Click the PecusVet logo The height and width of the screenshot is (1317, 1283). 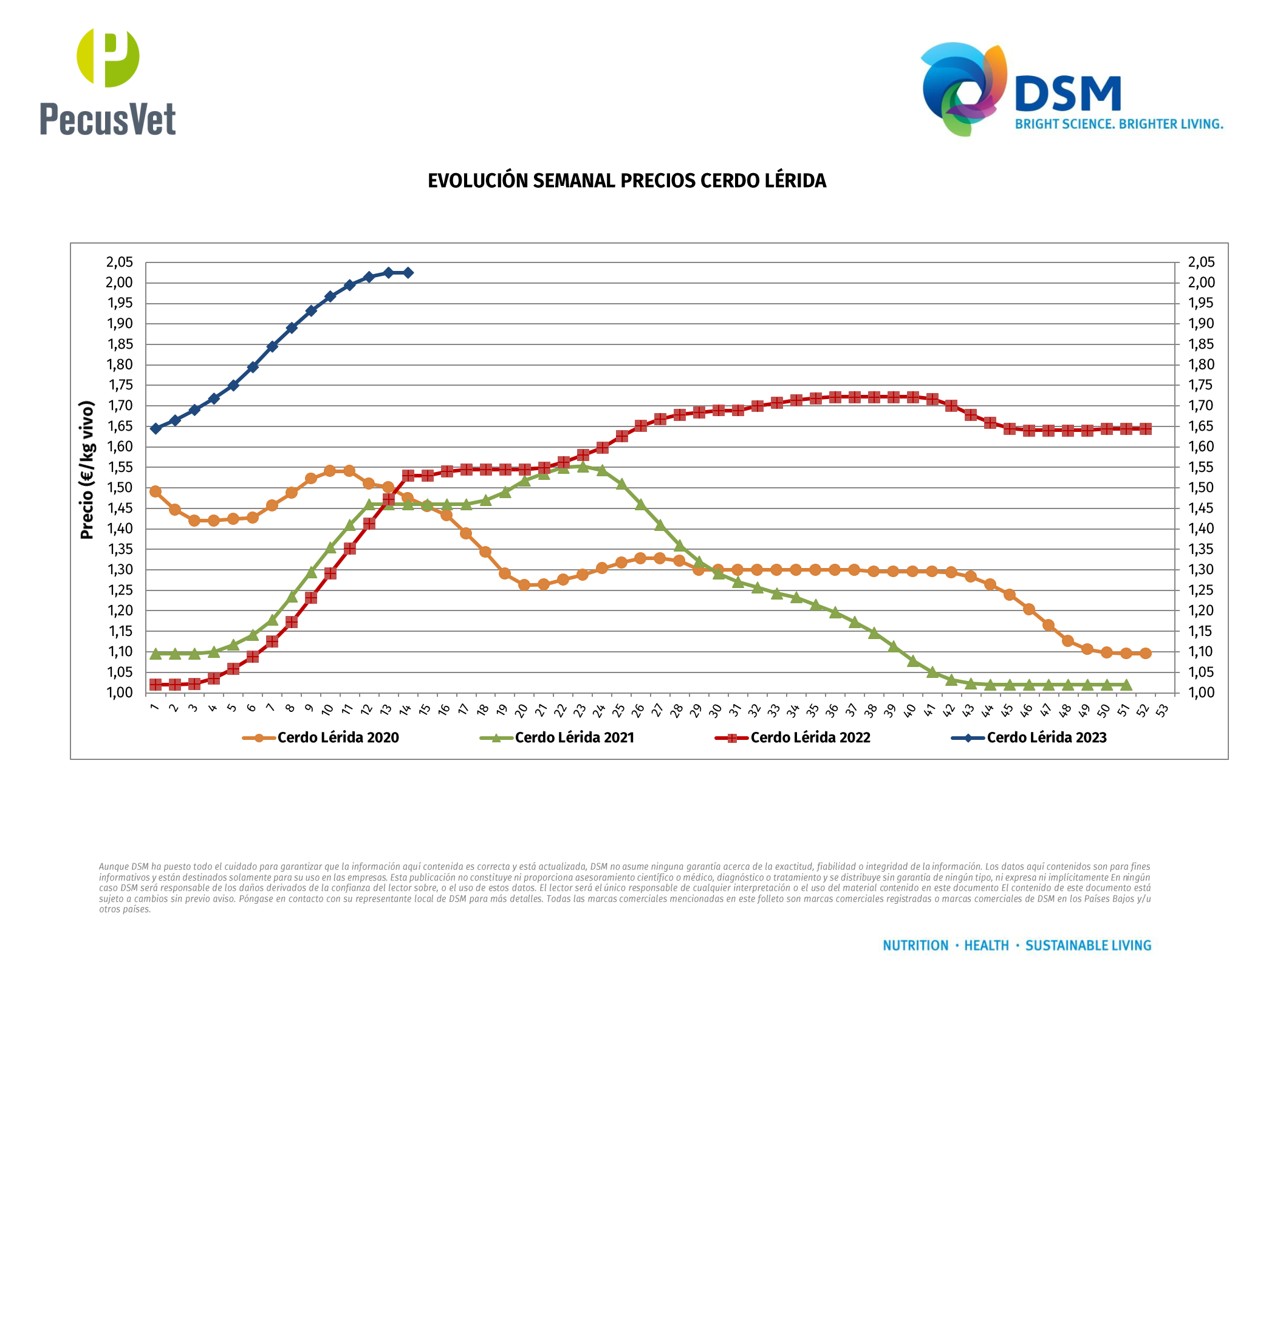coord(108,81)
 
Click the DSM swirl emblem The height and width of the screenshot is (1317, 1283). coord(963,88)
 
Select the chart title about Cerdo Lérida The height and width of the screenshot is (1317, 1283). coord(627,180)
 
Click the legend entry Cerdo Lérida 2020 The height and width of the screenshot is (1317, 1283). coord(338,737)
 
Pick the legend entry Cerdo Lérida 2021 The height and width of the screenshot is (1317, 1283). coord(574,737)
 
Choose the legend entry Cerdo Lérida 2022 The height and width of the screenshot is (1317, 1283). coord(810,737)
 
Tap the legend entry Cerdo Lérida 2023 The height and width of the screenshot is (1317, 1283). coord(1047,737)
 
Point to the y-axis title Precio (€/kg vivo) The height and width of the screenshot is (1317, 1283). coord(86,470)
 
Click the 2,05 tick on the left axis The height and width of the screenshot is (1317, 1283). coord(120,262)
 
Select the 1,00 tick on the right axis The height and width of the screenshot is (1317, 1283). coord(1202,692)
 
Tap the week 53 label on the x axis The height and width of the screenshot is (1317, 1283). coord(1162,710)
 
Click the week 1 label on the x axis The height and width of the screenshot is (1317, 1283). coord(154,707)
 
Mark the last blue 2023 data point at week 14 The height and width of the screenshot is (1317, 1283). coord(408,273)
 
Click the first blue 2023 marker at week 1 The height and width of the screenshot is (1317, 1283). coord(156,429)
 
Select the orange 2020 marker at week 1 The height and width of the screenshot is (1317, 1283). coord(156,491)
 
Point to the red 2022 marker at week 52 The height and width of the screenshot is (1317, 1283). coord(1146,429)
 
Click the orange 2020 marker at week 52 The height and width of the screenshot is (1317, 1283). coord(1146,653)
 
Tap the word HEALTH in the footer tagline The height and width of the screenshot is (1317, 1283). coord(987,946)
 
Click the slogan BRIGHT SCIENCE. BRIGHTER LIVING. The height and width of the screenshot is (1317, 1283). coord(1118,124)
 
